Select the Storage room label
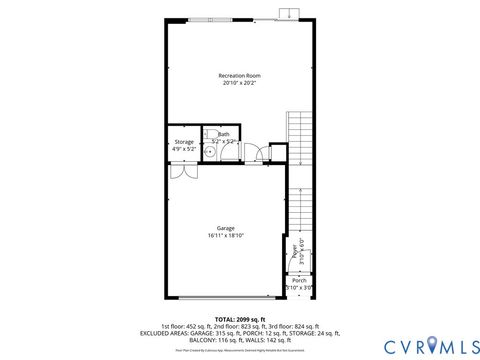pos(184,142)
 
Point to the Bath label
pos(223,133)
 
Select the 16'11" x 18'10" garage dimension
pos(226,236)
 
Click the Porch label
pos(299,281)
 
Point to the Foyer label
pos(295,253)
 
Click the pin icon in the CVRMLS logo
pos(432,344)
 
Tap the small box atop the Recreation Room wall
pos(288,13)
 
